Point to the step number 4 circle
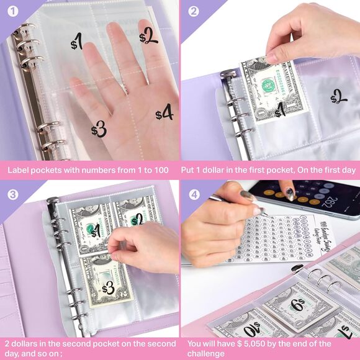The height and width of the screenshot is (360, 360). click(x=194, y=192)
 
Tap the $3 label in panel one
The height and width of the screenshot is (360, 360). click(x=99, y=129)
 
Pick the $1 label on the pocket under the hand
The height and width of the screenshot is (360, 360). click(x=77, y=42)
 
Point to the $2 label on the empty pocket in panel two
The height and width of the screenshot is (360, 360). click(x=338, y=97)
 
